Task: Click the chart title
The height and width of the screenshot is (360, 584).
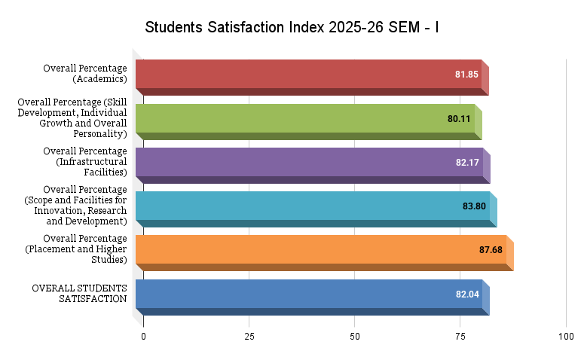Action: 292,28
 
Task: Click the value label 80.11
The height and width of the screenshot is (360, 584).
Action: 459,119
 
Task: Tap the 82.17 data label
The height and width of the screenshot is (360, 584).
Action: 467,163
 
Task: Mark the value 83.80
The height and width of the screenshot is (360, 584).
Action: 474,206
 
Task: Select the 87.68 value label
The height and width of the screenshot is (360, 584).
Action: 491,250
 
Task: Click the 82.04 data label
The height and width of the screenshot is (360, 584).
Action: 467,294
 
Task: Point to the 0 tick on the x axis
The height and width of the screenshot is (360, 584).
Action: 143,337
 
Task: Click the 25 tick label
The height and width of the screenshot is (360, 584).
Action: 249,337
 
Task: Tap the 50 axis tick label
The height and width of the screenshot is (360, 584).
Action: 355,337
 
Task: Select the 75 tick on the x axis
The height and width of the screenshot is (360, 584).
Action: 460,337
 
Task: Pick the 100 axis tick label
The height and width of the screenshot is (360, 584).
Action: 566,337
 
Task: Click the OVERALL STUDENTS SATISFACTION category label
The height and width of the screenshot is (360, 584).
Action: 79,294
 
